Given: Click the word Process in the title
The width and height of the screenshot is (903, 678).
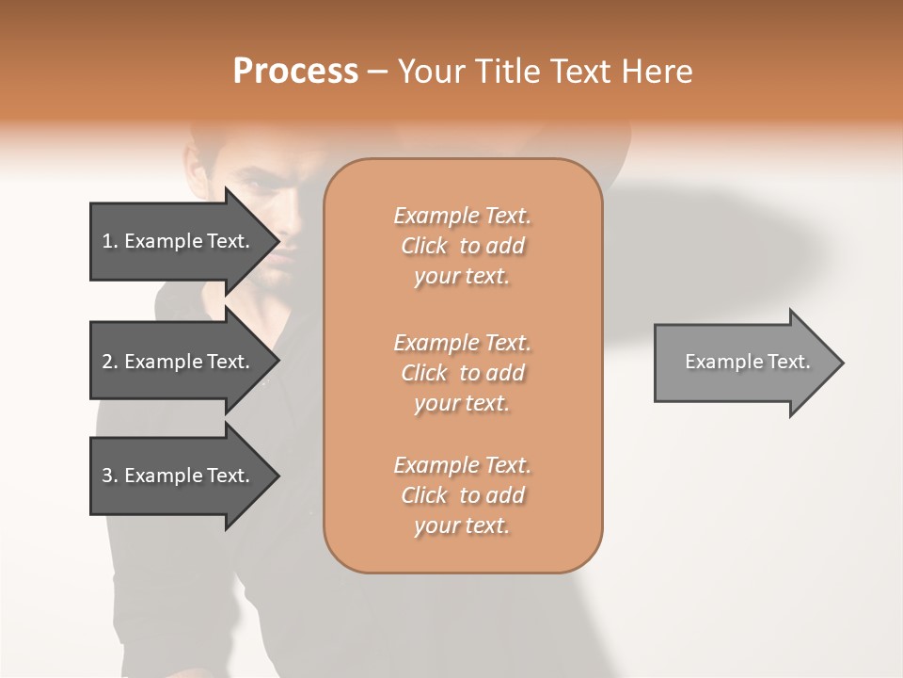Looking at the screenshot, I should tap(295, 72).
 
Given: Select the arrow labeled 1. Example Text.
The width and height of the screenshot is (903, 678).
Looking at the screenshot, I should tap(179, 241).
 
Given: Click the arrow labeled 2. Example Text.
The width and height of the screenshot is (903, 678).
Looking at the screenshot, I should tap(179, 362).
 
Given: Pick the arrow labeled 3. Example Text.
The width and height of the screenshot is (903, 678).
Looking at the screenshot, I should tap(179, 476).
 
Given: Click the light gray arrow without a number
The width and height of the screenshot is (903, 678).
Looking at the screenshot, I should tap(743, 362).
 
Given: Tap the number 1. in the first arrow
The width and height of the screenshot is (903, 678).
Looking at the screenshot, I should tap(109, 241).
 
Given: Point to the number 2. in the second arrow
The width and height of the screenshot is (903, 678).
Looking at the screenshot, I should tap(109, 362).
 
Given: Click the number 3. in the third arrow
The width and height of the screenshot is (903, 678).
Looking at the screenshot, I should tap(109, 476).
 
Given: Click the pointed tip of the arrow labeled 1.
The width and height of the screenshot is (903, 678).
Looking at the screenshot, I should tap(277, 241).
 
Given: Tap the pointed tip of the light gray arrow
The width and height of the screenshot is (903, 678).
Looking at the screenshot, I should tap(841, 363).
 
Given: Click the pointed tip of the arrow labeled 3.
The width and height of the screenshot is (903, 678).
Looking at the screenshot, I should tap(277, 476).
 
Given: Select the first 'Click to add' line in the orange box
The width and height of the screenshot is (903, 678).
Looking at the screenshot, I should tap(462, 246).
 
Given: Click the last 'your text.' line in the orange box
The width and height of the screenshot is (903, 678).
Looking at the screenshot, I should tap(462, 525).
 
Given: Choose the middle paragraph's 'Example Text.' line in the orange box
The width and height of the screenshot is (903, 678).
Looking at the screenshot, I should tap(462, 342).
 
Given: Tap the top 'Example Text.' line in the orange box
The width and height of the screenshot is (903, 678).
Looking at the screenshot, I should tap(462, 216).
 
